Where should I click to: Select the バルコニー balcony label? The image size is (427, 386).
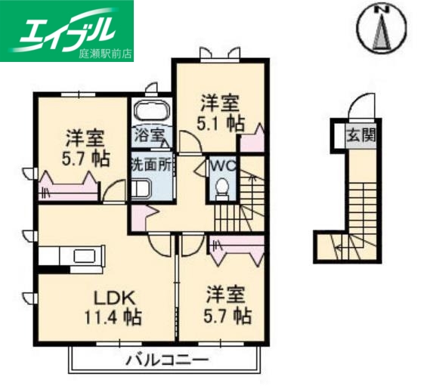(167, 359)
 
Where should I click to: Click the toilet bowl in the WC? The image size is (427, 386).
(222, 187)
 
